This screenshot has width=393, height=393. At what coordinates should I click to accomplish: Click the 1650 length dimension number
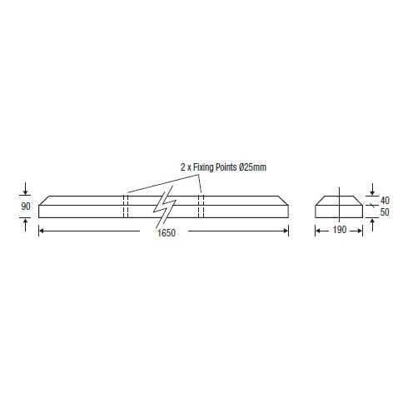167,232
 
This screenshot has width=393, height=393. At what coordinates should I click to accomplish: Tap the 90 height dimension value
26,206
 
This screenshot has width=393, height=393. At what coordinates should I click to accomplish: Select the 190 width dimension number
340,230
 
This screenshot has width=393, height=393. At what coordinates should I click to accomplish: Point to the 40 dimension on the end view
385,200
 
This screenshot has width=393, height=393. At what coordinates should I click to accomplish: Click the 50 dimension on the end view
385,212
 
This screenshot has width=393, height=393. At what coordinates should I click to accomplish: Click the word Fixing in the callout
204,167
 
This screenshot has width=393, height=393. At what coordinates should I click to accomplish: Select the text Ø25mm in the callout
252,167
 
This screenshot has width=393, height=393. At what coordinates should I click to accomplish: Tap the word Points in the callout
226,167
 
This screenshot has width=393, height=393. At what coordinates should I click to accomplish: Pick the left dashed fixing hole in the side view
126,206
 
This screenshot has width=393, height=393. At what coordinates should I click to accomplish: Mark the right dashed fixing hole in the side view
201,206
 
